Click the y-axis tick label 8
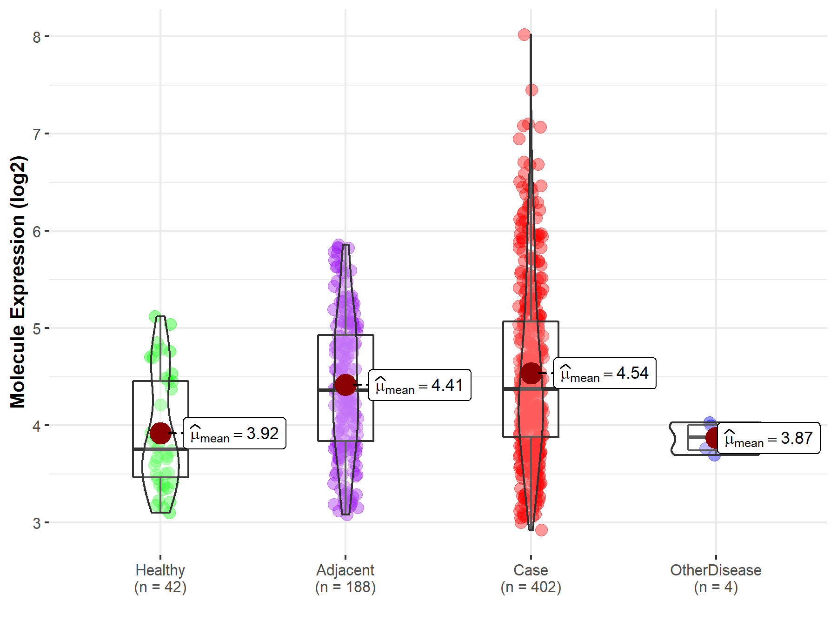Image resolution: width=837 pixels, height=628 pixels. (37, 37)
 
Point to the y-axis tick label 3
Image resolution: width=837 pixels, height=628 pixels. (37, 523)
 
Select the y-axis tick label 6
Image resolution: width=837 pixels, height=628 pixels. (37, 231)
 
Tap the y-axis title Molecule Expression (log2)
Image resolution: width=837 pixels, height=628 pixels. (18, 281)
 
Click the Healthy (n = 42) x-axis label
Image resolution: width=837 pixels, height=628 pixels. (160, 579)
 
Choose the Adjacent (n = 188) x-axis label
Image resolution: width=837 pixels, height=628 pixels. (345, 579)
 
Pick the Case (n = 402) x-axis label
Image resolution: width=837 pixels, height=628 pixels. (531, 579)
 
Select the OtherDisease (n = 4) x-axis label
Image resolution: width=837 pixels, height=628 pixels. (716, 579)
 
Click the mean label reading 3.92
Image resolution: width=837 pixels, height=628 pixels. (235, 434)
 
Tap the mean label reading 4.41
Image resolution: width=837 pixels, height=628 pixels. (419, 385)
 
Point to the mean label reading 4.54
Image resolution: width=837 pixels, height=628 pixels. (604, 373)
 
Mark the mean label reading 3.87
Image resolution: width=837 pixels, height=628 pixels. (769, 438)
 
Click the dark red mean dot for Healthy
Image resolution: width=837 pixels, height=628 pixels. (160, 434)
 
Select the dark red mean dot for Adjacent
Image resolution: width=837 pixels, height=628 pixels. (345, 385)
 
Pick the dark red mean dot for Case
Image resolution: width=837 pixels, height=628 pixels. (531, 373)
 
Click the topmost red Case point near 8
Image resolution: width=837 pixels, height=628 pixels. (525, 34)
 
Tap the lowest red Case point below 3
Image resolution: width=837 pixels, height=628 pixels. (541, 530)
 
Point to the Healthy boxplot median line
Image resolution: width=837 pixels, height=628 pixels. (160, 449)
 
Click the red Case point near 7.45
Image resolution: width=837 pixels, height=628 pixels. (531, 90)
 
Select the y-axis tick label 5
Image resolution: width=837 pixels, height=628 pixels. (37, 328)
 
